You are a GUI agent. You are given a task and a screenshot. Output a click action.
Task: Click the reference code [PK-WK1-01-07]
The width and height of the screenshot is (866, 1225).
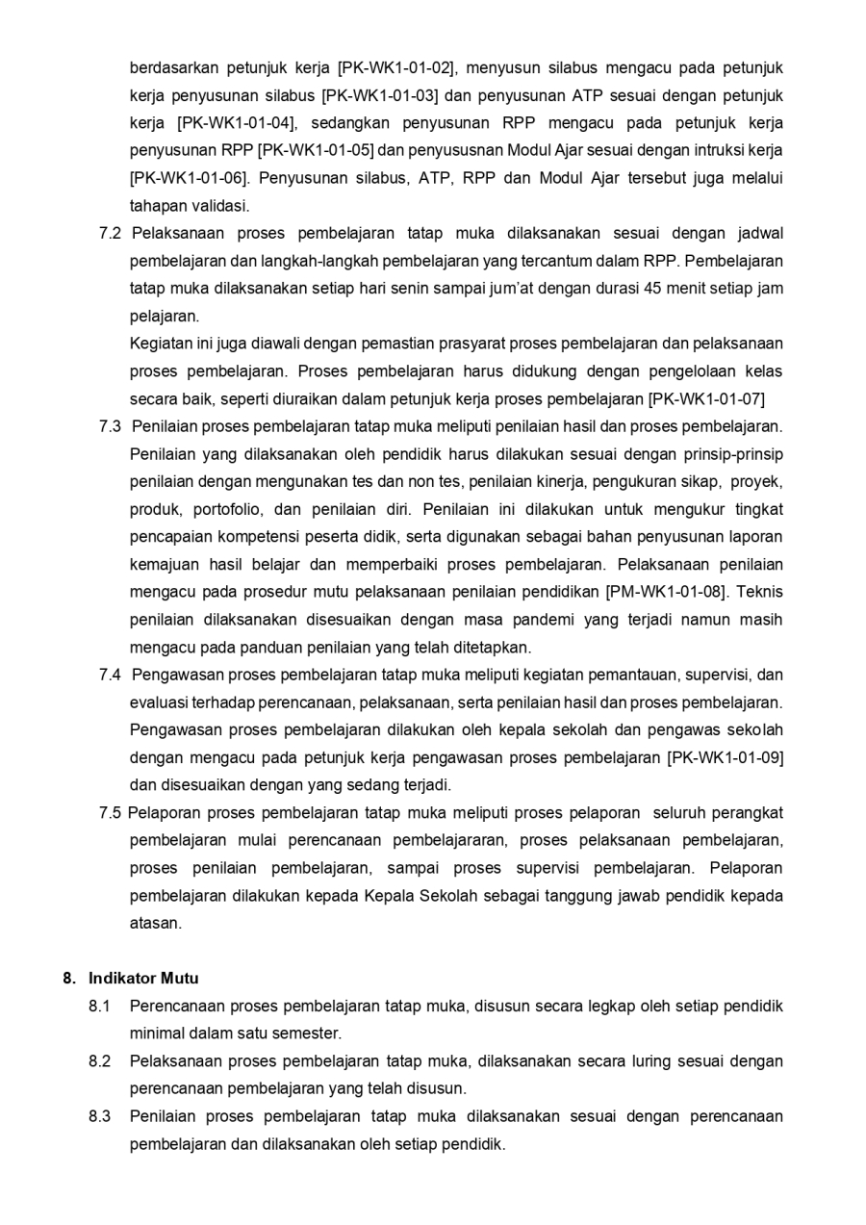707,398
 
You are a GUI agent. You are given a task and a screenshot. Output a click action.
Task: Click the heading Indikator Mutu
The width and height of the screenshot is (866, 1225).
143,979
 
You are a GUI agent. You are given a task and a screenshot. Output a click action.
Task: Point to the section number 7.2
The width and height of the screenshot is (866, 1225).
110,234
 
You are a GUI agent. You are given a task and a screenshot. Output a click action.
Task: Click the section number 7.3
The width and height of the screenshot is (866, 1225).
110,426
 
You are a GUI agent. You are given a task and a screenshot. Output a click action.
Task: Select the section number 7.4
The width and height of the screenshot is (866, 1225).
110,675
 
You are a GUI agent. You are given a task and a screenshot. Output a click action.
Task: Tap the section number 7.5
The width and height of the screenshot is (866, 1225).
110,813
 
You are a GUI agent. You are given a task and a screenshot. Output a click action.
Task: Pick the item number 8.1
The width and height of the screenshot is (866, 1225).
100,1007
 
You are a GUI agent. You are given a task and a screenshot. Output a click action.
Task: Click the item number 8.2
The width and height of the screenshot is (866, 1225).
100,1061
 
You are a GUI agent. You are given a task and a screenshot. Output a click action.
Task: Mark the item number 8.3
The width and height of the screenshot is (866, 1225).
100,1116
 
